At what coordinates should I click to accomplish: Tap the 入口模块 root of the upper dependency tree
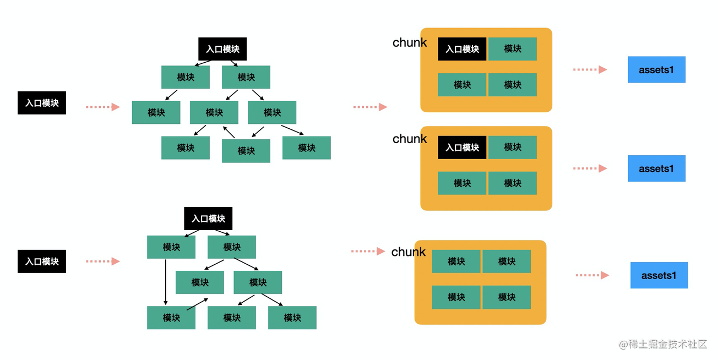(222, 49)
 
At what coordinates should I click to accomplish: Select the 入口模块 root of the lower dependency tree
(208, 219)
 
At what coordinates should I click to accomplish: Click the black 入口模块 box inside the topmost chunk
(462, 49)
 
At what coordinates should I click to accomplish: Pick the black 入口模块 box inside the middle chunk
(462, 148)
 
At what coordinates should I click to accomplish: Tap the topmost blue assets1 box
(656, 70)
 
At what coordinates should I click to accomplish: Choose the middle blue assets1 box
(656, 168)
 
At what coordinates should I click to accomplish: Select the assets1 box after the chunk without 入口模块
(659, 275)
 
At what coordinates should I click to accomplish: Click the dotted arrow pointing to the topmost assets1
(590, 69)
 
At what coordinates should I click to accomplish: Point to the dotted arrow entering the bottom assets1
(592, 275)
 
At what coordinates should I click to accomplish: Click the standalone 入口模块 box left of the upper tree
(42, 103)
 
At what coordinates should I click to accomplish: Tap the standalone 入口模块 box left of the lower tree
(42, 261)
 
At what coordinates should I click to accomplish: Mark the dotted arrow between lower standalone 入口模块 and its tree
(102, 261)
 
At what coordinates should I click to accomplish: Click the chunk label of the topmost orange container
(409, 43)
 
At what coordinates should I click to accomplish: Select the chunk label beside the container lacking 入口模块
(408, 252)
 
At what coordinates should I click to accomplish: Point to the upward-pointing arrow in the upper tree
(229, 132)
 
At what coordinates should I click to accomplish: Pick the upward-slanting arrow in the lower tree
(197, 304)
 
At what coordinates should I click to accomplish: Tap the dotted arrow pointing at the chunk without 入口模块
(368, 251)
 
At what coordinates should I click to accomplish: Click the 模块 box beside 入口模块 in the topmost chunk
(512, 49)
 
